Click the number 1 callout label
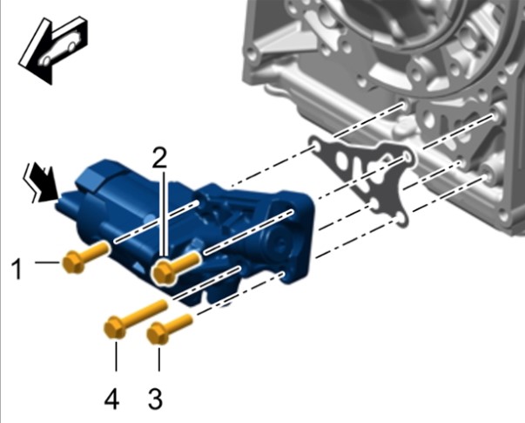(17, 269)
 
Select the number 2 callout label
(159, 158)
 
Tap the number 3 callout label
(155, 399)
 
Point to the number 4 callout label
(111, 399)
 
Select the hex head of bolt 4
(115, 328)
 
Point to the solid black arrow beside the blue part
(45, 184)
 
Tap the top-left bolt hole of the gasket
(315, 146)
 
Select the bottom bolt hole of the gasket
(399, 220)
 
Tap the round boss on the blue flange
(275, 242)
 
